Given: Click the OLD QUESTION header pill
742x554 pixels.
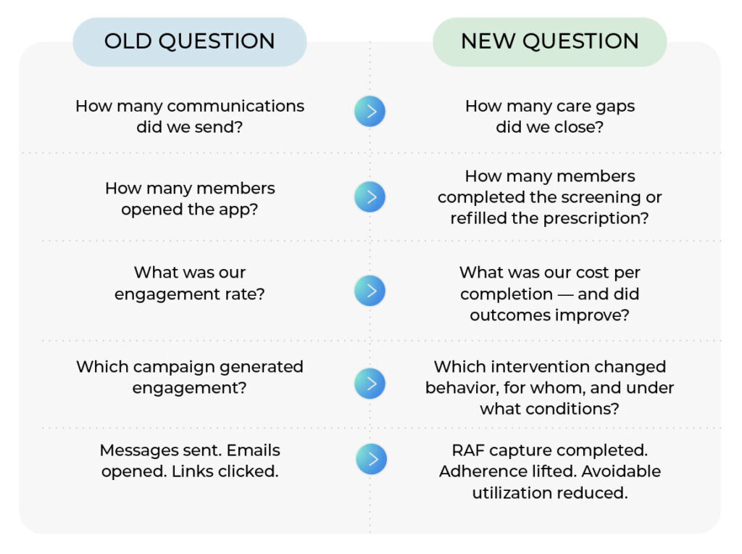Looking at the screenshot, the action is point(190,41).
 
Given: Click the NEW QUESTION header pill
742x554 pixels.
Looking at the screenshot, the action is point(550,41).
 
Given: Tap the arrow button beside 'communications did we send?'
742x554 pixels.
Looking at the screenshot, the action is point(370,111).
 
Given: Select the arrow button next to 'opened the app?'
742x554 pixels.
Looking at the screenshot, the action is point(370,197).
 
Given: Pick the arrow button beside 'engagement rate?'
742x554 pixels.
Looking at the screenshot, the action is point(370,290).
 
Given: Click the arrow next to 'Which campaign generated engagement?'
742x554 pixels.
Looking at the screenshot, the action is point(370,383).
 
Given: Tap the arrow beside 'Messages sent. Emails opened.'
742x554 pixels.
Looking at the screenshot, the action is point(372,459).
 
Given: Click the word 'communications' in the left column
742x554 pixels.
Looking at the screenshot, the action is point(235,106).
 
